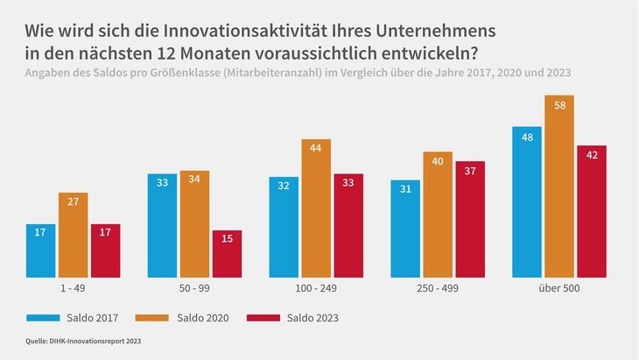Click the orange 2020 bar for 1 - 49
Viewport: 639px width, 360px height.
tap(73, 234)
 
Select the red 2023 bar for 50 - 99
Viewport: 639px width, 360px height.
tap(227, 253)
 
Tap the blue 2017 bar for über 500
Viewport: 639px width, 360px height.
tap(527, 201)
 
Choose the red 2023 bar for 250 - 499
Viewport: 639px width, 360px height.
tap(470, 218)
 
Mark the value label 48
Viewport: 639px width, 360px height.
tap(527, 138)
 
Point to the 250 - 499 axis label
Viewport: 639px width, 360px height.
tap(438, 287)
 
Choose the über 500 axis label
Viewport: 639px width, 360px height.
tap(559, 287)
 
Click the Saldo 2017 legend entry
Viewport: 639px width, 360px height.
tap(80, 317)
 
